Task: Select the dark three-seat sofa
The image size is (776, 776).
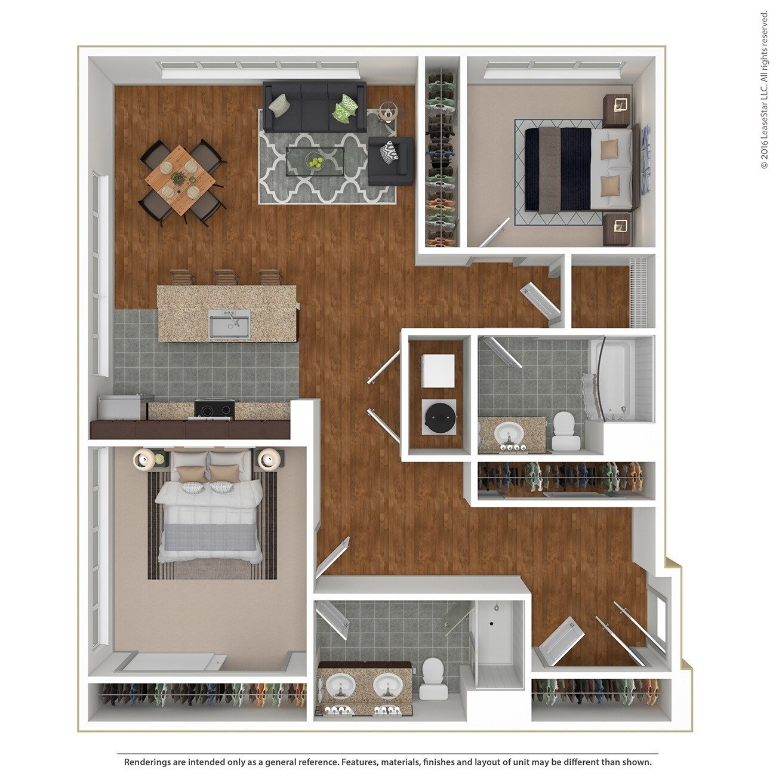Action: pyautogui.click(x=314, y=107)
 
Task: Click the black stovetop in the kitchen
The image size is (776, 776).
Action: pyautogui.click(x=215, y=410)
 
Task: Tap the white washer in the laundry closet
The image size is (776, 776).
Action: pyautogui.click(x=439, y=370)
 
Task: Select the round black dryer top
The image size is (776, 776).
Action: pyautogui.click(x=439, y=416)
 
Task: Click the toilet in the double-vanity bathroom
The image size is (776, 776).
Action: pyautogui.click(x=432, y=679)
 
